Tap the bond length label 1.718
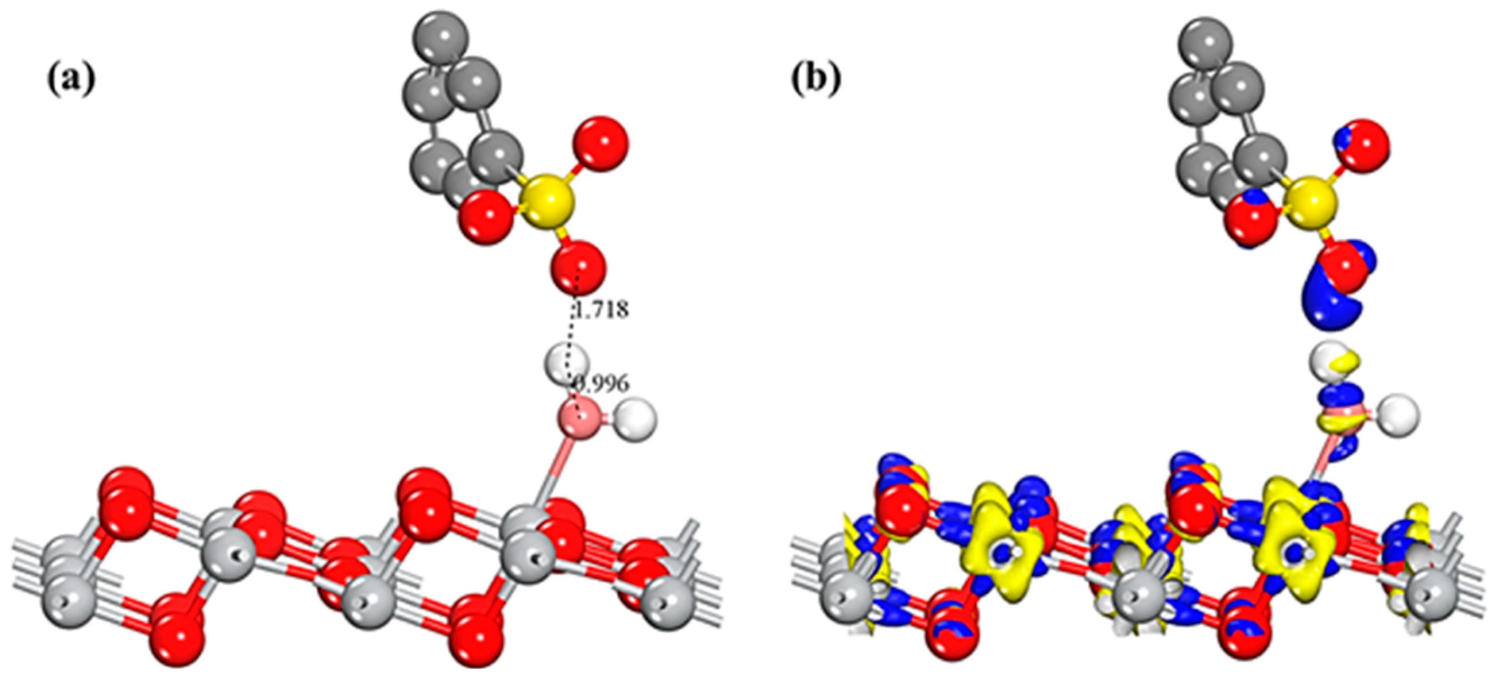coord(601,310)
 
